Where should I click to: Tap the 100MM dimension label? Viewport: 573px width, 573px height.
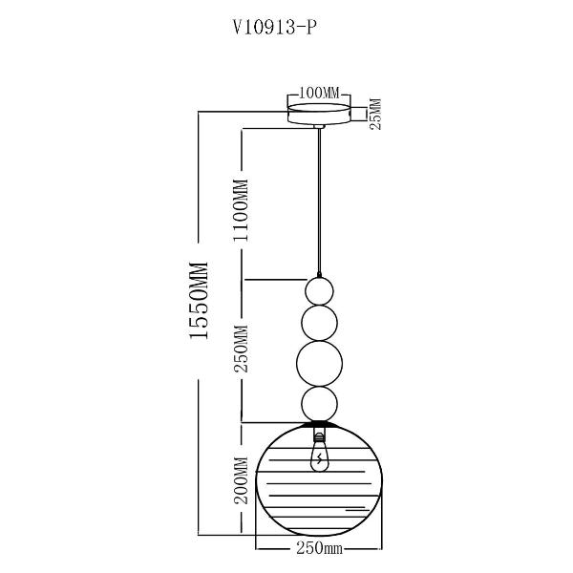point(319,93)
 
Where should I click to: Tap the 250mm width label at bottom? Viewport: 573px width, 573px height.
point(319,550)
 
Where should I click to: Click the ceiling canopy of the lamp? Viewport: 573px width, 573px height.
point(319,114)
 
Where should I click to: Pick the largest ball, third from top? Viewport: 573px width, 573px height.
point(319,363)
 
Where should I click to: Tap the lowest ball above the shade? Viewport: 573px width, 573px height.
point(319,402)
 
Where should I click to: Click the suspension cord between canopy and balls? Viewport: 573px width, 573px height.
point(319,201)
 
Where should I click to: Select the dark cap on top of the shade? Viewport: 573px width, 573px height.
point(319,422)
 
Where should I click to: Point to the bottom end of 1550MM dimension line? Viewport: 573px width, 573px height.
point(199,535)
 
